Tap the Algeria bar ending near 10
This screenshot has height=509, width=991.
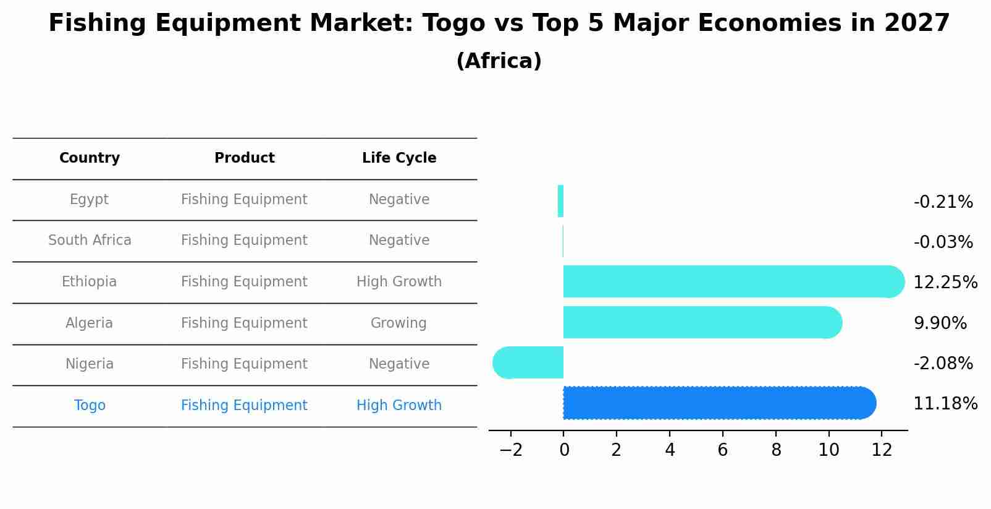click(x=701, y=322)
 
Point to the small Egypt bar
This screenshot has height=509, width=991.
click(x=560, y=201)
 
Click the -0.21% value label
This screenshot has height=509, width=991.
click(x=943, y=202)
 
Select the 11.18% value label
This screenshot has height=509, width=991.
click(x=945, y=404)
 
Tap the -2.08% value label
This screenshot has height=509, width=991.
click(x=943, y=363)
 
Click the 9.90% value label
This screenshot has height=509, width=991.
click(x=940, y=323)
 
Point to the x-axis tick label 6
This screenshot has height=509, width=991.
click(x=722, y=450)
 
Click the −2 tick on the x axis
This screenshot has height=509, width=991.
click(x=510, y=450)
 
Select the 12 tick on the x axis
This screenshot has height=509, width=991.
click(x=882, y=450)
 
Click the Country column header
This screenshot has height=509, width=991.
click(x=90, y=158)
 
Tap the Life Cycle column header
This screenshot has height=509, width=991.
click(x=399, y=158)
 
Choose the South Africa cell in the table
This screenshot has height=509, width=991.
click(x=90, y=241)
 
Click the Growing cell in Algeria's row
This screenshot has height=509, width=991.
click(x=399, y=323)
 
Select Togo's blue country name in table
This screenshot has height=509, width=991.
click(x=90, y=406)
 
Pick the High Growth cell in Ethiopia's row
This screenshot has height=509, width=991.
click(x=399, y=282)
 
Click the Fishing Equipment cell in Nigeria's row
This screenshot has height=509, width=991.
click(x=244, y=364)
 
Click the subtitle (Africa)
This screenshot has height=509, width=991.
click(x=499, y=61)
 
